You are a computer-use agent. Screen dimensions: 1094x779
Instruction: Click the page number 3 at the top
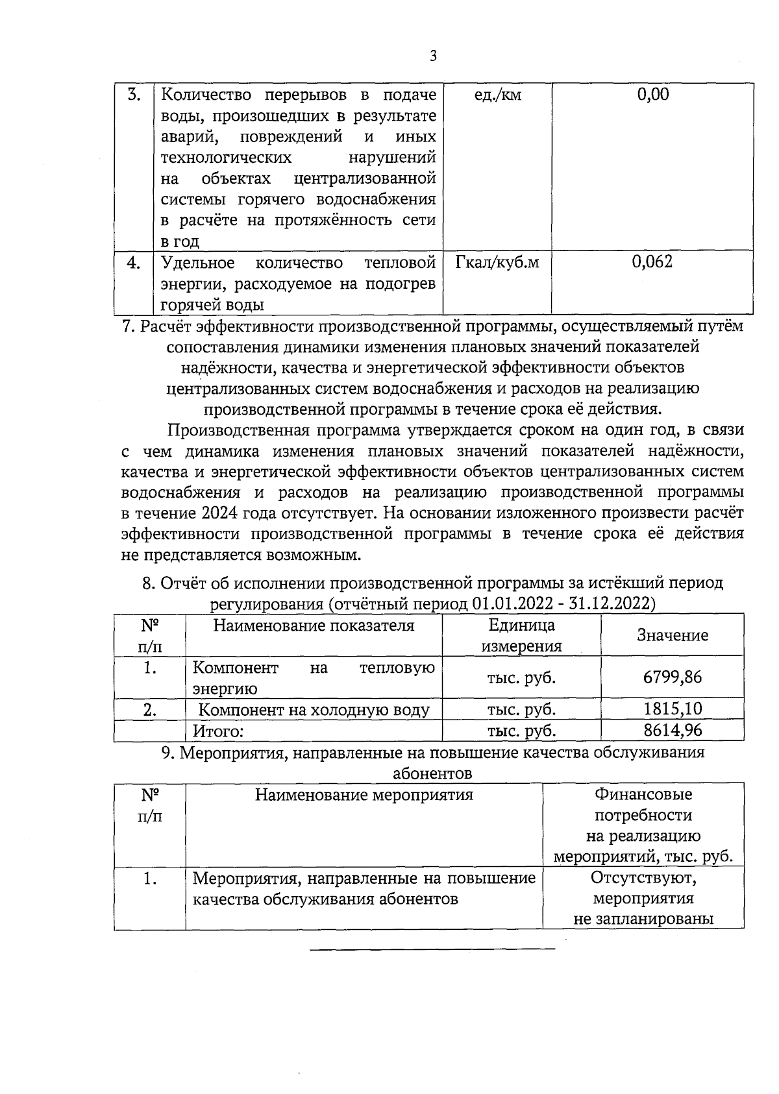coord(433,56)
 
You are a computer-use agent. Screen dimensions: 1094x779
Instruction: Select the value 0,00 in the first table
coord(652,95)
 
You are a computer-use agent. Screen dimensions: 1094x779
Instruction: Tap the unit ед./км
coord(498,95)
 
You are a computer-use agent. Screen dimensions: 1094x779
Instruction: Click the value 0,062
coord(652,262)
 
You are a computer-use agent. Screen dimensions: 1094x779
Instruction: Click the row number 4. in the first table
coord(134,263)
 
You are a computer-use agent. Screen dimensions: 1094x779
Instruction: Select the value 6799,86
coord(673,677)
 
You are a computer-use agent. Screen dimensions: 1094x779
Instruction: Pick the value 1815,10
coord(673,709)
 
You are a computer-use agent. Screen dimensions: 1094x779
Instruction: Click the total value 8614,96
coord(673,730)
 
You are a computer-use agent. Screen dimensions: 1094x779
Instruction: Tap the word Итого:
coord(218,731)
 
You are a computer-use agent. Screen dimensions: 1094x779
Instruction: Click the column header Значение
coord(673,635)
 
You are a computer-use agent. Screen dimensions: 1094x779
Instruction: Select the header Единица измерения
coord(521,635)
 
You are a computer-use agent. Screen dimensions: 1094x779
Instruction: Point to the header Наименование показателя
coord(314,626)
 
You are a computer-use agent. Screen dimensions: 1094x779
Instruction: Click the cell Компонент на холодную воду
coord(314,710)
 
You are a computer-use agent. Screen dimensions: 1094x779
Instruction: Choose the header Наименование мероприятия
coord(364,794)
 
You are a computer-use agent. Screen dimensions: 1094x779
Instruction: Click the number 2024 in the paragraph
coord(221,513)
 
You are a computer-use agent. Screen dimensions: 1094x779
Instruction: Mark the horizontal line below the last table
coord(433,949)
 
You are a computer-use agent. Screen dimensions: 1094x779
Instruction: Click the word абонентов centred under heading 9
coord(432,773)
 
